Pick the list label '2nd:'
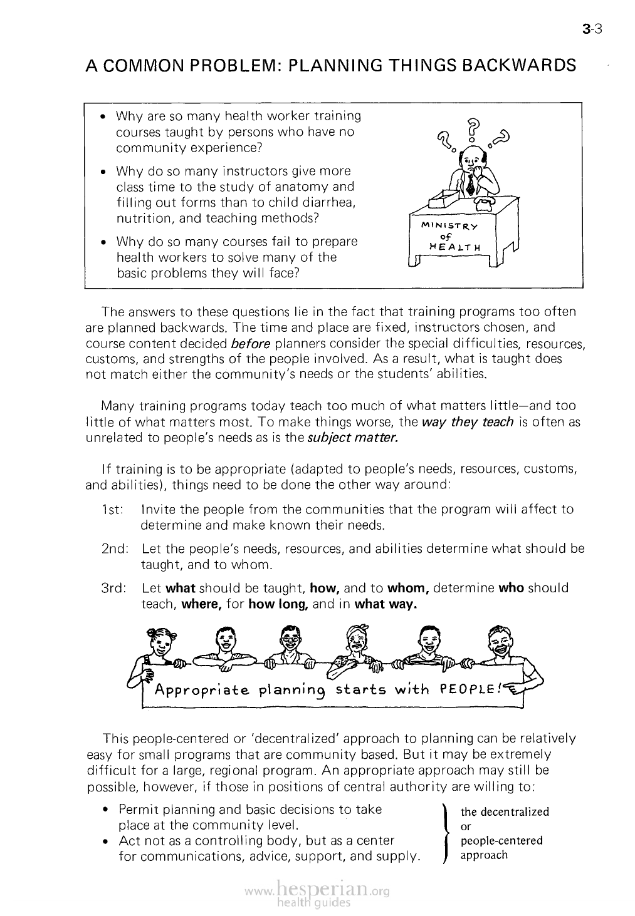tap(115, 549)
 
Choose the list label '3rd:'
tap(115, 589)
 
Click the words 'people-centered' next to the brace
tap(501, 841)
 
